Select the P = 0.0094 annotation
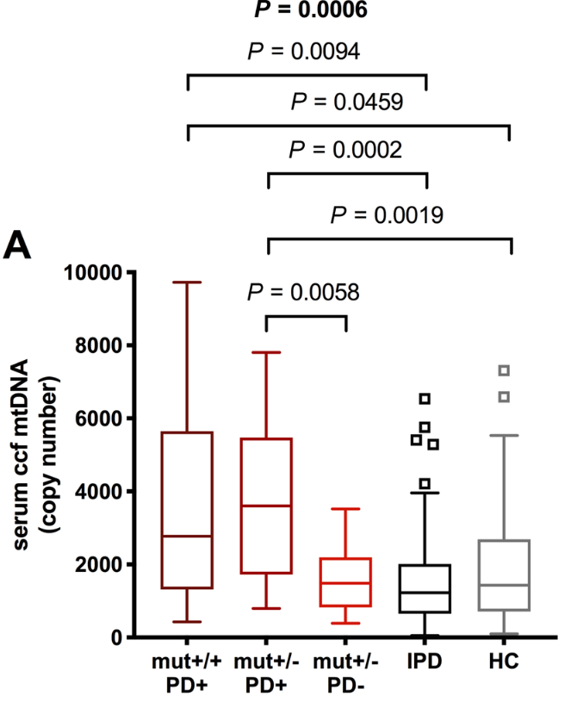point(303,53)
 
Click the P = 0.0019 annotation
point(387,214)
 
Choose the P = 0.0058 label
point(304,292)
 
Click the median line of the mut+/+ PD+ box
point(187,536)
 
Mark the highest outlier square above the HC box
point(505,370)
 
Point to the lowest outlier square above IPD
point(425,483)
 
